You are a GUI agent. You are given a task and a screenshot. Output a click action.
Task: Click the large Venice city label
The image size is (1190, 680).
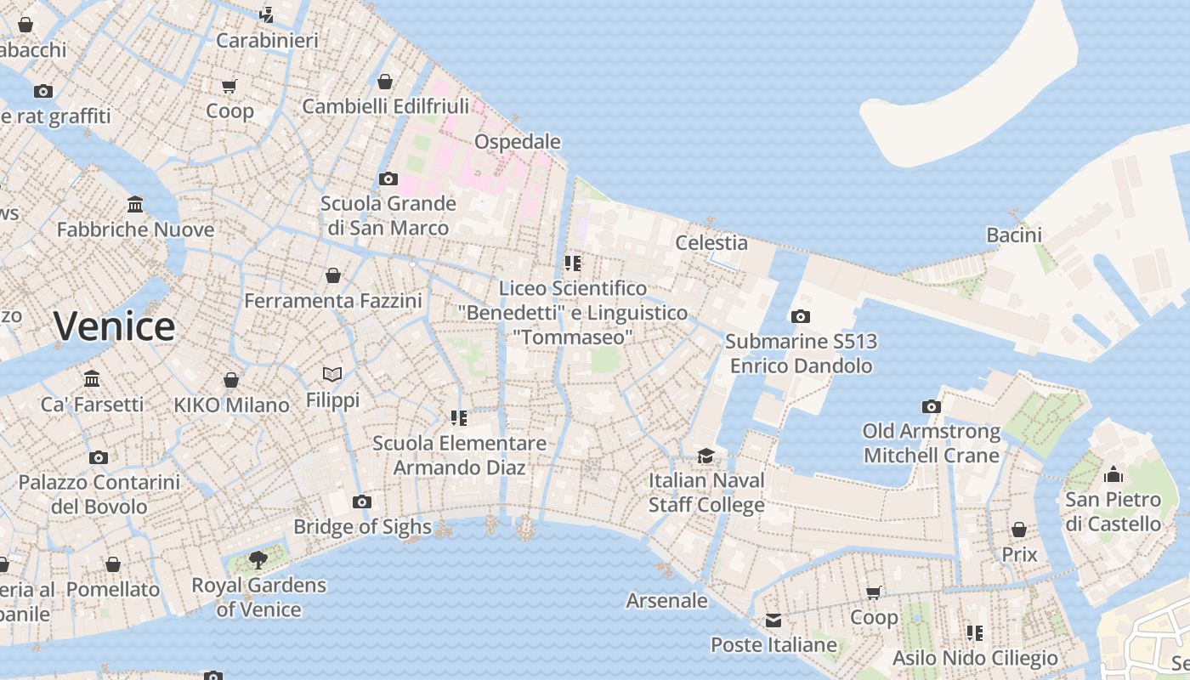coord(114,326)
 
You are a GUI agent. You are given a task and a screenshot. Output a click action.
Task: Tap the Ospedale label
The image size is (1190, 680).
coord(517,141)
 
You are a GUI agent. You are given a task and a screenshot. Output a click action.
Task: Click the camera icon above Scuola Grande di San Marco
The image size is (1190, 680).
coord(388,178)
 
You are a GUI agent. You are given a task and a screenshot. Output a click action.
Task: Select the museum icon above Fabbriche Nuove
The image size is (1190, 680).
coord(135,204)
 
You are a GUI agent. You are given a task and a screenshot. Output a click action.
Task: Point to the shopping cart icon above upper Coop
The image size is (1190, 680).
coord(229,86)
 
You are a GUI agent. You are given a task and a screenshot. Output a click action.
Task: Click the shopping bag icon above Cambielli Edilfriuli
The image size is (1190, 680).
coord(385,82)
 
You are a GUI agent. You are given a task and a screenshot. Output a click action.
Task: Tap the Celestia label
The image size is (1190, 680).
coord(711,243)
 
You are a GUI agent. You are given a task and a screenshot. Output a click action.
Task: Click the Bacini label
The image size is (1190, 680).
coord(1013,235)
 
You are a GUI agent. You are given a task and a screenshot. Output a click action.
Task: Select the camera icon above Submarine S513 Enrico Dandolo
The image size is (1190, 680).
coord(800,316)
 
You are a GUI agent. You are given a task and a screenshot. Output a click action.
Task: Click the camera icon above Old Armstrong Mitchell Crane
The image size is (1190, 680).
coord(932,406)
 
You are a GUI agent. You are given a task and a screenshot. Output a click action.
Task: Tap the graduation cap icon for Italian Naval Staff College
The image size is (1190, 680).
coord(705,456)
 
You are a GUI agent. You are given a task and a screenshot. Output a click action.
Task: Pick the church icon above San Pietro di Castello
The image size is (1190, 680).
coord(1113,474)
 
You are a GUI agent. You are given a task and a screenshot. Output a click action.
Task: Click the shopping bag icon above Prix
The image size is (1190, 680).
coord(1018,530)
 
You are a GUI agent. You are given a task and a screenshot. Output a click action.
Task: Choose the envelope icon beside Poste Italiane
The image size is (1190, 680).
coord(773,620)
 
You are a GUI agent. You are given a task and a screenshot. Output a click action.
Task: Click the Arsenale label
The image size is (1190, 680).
coord(666,601)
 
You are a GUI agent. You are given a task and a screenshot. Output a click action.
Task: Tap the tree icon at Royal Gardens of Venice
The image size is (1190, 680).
coord(258,560)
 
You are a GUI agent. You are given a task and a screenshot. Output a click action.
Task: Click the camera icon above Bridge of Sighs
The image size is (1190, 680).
coord(362,501)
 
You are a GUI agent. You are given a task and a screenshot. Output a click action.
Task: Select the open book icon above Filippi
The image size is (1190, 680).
coord(332,374)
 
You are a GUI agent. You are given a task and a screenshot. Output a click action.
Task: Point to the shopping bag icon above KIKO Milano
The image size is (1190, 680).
coord(231,379)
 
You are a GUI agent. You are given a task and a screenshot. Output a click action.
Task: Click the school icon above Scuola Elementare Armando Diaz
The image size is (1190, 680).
coord(459,417)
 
